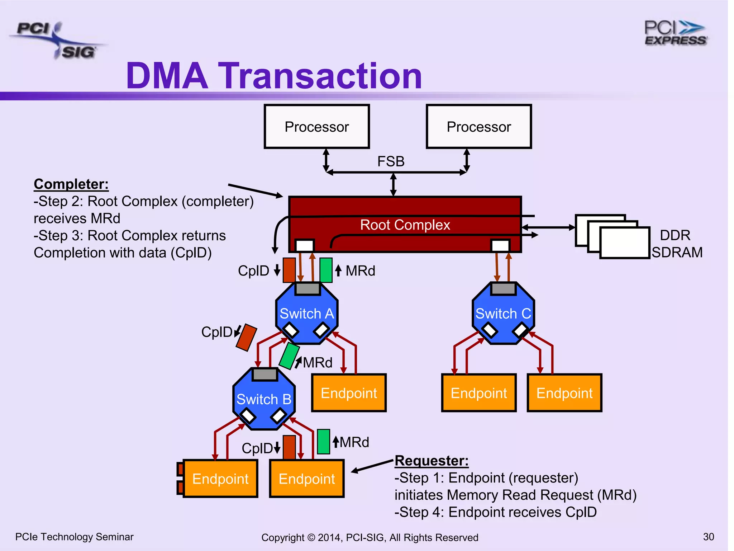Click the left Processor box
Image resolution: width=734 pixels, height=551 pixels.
click(316, 126)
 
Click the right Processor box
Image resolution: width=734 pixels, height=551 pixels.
click(478, 126)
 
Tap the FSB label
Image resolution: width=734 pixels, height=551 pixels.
click(391, 161)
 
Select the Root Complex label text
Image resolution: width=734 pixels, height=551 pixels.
click(405, 225)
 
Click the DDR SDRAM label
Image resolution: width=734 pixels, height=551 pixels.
click(676, 244)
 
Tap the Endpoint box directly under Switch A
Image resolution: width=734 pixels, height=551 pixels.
click(349, 393)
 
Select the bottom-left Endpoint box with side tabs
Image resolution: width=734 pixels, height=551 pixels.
click(220, 479)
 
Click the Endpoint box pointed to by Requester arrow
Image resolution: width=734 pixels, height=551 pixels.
click(307, 479)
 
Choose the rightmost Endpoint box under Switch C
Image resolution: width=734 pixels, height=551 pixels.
click(564, 393)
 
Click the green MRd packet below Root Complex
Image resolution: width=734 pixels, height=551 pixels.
click(326, 270)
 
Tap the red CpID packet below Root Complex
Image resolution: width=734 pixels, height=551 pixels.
click(289, 270)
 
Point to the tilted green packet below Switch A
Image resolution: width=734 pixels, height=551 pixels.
click(289, 356)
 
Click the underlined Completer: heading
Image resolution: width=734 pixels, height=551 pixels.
click(71, 184)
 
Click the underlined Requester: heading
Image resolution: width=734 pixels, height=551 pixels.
click(432, 461)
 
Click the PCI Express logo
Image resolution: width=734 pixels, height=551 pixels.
click(675, 33)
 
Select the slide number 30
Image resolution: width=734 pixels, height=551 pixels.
click(708, 537)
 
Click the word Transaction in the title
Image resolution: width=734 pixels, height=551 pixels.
click(320, 76)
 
